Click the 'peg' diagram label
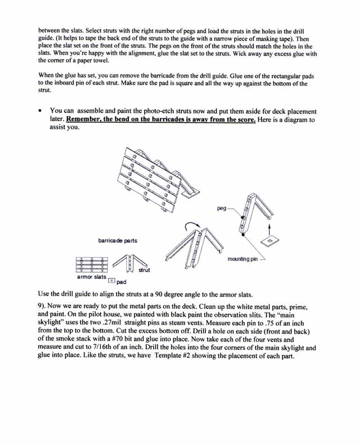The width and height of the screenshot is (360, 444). (x=222, y=209)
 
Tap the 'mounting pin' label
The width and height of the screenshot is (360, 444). (x=242, y=259)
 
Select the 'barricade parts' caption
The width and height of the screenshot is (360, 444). (x=118, y=241)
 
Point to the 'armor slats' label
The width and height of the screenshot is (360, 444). (x=92, y=277)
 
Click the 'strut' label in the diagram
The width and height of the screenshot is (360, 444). (x=145, y=270)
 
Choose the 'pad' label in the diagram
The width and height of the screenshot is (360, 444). (x=121, y=282)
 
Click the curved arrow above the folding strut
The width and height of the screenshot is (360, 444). (x=192, y=225)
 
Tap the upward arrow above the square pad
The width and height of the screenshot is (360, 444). (x=269, y=230)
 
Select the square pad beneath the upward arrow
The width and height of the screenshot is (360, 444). (x=269, y=241)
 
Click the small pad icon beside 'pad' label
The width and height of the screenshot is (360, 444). (x=111, y=281)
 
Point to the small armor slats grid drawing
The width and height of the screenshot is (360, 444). (x=92, y=264)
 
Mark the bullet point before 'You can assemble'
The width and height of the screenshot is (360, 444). (x=41, y=110)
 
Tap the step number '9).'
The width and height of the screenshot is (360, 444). (x=42, y=306)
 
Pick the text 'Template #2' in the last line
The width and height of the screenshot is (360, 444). (x=172, y=356)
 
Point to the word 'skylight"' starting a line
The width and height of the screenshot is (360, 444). (x=49, y=322)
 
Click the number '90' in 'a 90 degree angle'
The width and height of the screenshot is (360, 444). (x=159, y=294)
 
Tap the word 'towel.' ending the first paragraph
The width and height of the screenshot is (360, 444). (x=101, y=61)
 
